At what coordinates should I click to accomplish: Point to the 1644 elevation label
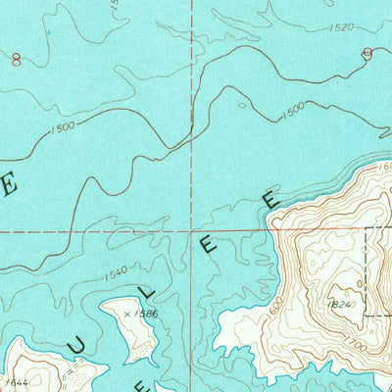pyautogui.click(x=15, y=381)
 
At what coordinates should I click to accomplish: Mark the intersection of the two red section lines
pyautogui.click(x=192, y=232)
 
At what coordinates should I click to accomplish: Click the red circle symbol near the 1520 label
pyautogui.click(x=367, y=54)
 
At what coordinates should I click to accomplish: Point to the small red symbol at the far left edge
pyautogui.click(x=16, y=59)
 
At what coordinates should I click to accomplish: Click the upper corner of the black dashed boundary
pyautogui.click(x=367, y=229)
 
